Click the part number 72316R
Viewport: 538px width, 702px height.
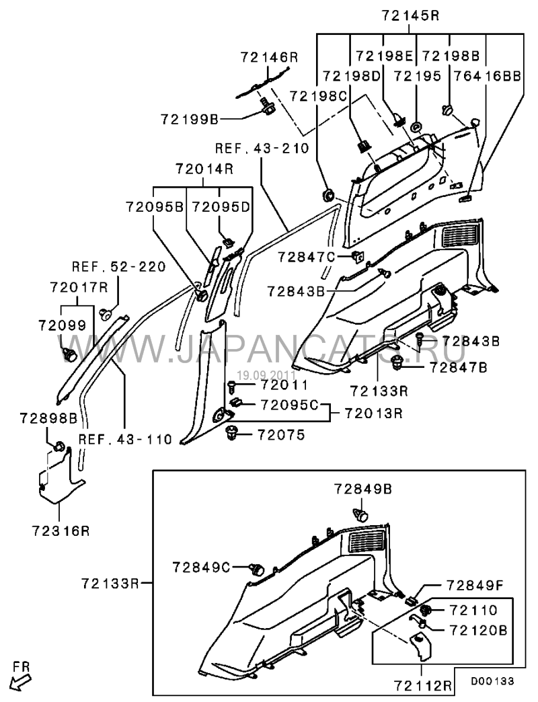click(60, 531)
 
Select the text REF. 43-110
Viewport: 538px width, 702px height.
click(126, 439)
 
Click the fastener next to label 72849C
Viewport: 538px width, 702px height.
click(256, 569)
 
